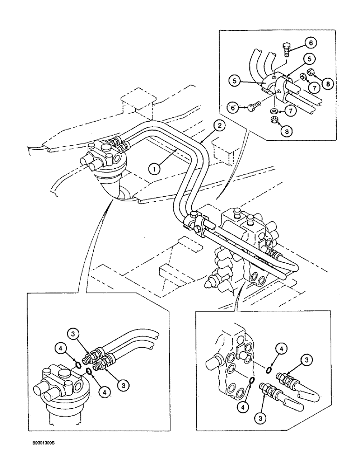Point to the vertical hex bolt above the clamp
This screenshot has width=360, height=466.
[x=286, y=49]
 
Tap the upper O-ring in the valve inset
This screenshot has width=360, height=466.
[x=270, y=370]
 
